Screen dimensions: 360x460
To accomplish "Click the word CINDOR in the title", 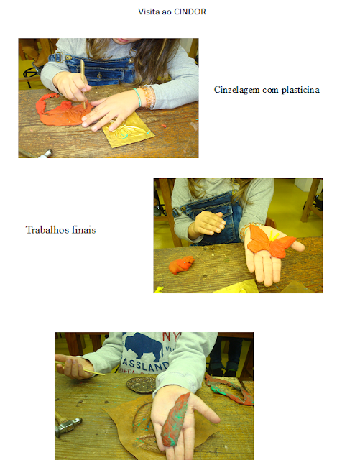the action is click(x=190, y=11).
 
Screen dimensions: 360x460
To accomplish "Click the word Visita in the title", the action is click(x=149, y=11).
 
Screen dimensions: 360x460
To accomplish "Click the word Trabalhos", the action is click(x=47, y=230).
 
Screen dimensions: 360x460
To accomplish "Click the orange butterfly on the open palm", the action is click(x=272, y=241).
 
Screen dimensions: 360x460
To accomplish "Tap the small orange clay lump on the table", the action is click(x=182, y=264).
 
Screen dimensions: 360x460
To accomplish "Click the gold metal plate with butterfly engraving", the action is click(x=128, y=129).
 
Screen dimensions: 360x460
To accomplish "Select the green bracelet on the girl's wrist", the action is click(x=137, y=97).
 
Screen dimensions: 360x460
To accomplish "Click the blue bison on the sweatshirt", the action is click(x=144, y=346).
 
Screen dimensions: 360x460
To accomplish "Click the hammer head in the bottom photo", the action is click(x=68, y=426).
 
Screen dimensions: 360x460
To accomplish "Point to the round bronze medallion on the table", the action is click(x=142, y=385).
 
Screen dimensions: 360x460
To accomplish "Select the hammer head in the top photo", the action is click(x=46, y=154).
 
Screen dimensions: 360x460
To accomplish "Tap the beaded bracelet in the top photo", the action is click(x=147, y=97).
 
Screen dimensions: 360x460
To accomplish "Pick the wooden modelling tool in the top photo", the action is click(x=83, y=83).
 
